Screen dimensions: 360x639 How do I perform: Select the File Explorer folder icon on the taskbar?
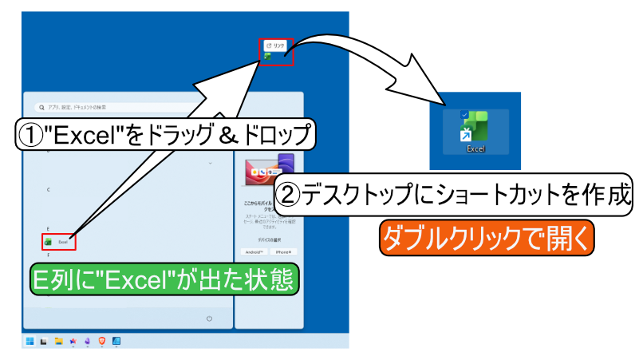tap(58, 341)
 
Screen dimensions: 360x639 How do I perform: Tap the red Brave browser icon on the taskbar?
tap(101, 341)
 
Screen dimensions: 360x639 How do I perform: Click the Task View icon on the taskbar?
tap(44, 341)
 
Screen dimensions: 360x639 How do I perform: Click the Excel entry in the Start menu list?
tap(59, 240)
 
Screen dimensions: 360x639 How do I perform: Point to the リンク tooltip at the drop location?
tap(274, 46)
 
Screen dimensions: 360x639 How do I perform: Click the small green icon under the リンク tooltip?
tap(269, 57)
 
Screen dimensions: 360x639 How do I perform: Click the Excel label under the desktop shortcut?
tap(476, 148)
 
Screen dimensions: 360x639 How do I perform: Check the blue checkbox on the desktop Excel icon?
tap(464, 115)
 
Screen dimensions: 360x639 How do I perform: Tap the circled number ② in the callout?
tap(287, 192)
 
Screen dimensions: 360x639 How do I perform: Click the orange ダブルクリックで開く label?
tap(487, 236)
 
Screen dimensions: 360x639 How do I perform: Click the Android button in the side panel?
tap(254, 251)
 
